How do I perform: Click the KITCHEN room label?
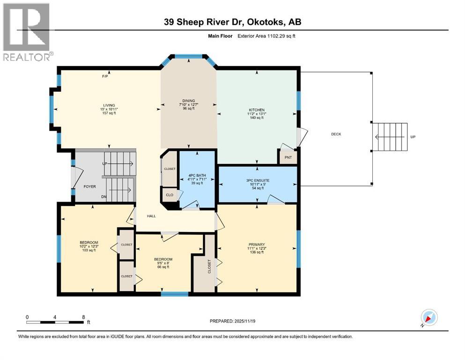click(257, 110)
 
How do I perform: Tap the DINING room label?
click(189, 101)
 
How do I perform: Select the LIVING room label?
click(109, 105)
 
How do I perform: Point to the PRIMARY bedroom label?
click(257, 245)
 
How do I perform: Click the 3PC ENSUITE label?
click(258, 180)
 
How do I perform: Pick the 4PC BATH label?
click(197, 175)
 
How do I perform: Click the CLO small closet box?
click(170, 195)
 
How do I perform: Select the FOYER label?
click(89, 187)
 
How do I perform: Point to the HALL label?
click(151, 216)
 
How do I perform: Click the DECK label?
click(336, 134)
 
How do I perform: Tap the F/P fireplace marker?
click(105, 76)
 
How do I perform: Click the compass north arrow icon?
click(429, 317)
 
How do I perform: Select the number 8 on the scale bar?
click(83, 317)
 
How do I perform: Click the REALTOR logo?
click(27, 32)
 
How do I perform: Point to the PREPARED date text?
click(232, 321)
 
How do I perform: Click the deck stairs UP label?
click(413, 137)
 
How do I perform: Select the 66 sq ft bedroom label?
click(163, 267)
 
